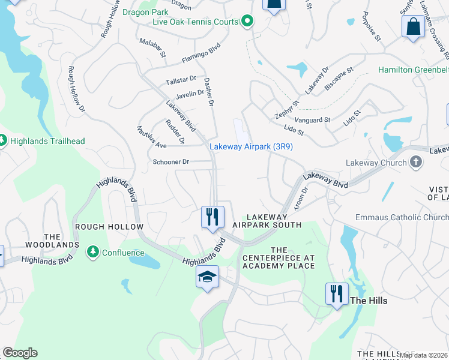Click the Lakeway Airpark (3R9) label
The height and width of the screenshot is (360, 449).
251,146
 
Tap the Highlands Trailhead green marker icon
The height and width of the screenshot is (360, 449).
3,141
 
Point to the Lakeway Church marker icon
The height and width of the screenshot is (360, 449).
415,163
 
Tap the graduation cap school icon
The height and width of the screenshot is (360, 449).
207,277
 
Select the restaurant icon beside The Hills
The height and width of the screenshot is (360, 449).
337,293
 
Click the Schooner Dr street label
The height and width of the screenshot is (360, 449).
171,162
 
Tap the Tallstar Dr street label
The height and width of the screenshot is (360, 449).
182,79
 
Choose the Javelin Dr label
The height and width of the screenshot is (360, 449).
190,94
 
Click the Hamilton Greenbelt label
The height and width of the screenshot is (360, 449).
413,70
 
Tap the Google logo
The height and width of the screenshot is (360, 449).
20,353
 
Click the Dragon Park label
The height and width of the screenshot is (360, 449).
143,11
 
